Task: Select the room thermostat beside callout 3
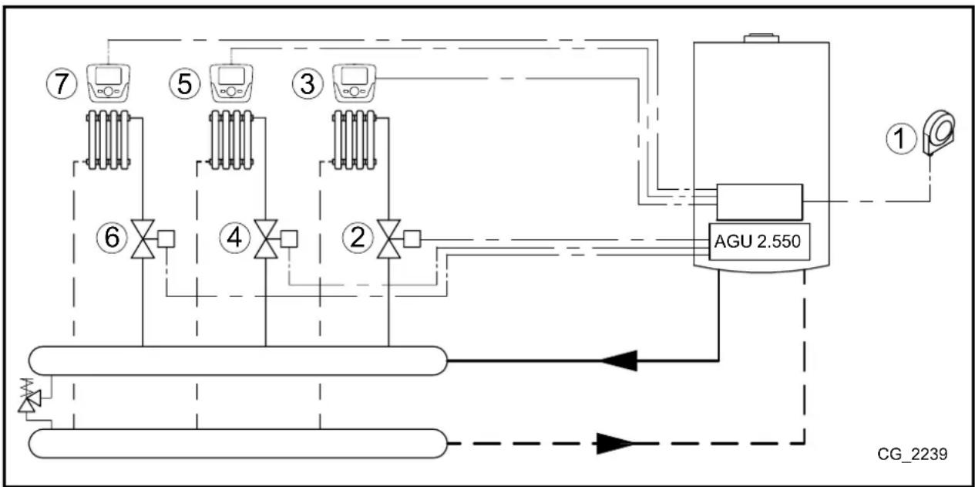tap(355, 82)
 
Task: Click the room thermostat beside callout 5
tap(231, 82)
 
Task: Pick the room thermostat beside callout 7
tap(108, 82)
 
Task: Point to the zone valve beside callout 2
tap(388, 238)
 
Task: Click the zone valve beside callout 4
tap(265, 238)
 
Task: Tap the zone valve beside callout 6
tap(143, 238)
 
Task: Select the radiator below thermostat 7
tap(108, 139)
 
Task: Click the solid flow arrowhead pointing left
tap(619, 360)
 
